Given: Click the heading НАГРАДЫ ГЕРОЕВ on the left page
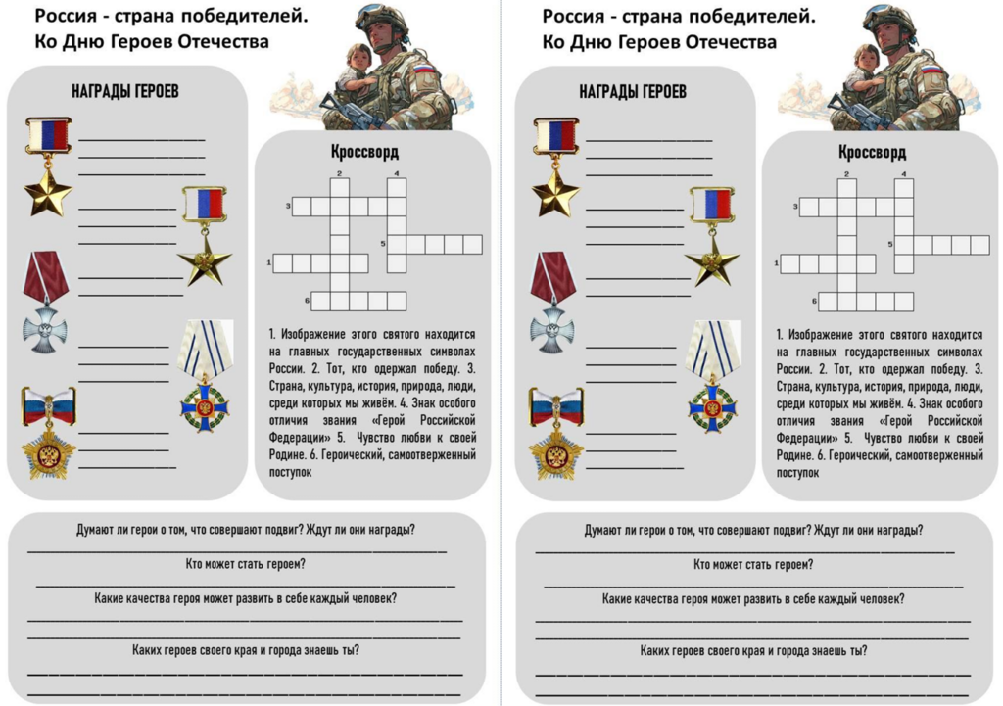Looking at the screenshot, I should (125, 92).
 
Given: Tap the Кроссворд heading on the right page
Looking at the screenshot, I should (871, 153).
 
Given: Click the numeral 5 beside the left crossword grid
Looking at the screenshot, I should (383, 243).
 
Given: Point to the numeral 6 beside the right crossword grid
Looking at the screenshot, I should (814, 301).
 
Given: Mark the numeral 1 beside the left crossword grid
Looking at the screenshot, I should (268, 262).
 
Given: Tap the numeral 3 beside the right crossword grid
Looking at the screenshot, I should (796, 206).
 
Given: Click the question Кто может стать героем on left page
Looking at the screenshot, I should (245, 564).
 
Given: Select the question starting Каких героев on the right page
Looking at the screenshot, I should (753, 650).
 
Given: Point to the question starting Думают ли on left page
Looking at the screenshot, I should (245, 530).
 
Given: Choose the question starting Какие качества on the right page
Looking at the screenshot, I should (753, 598).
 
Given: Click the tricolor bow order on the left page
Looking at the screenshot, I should (48, 432).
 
